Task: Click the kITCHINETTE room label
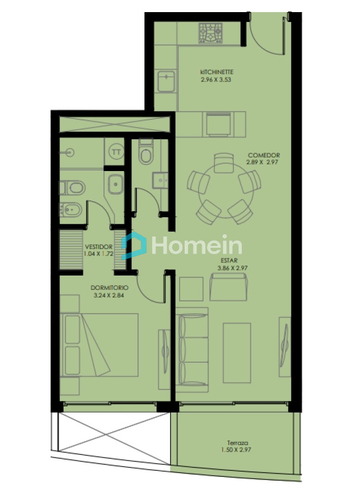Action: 217,72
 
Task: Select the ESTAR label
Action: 230,261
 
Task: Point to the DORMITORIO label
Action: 110,288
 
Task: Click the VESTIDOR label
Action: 99,247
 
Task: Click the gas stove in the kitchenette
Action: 211,32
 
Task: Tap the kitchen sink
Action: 165,82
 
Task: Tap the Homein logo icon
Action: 134,245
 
